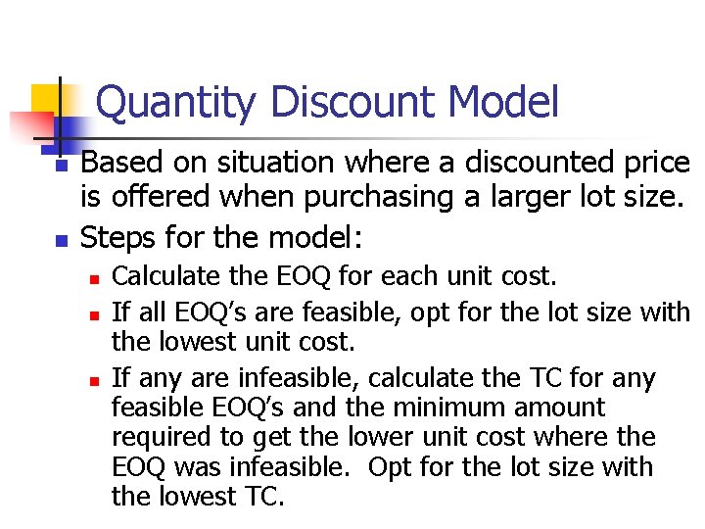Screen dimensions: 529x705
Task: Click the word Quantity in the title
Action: [177, 104]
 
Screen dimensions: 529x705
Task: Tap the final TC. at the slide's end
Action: [261, 496]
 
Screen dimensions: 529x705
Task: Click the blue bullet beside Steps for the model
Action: [61, 239]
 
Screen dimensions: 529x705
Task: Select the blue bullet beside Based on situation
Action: [61, 168]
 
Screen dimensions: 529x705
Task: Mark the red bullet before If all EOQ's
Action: [93, 315]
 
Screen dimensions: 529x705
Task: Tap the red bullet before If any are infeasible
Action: [93, 380]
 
